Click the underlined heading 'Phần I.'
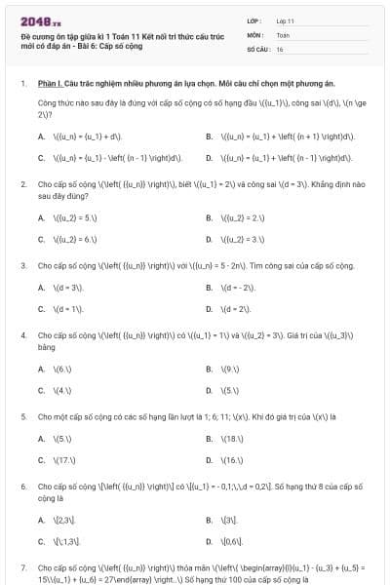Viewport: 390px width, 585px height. coord(50,85)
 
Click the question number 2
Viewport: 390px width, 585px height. coord(23,183)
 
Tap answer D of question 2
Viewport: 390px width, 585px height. coord(239,238)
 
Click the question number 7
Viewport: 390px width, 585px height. coord(23,566)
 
